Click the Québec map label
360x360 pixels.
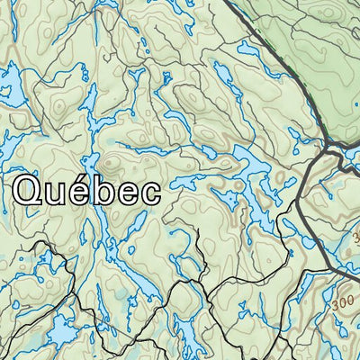88,191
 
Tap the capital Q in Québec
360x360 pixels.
31,190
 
